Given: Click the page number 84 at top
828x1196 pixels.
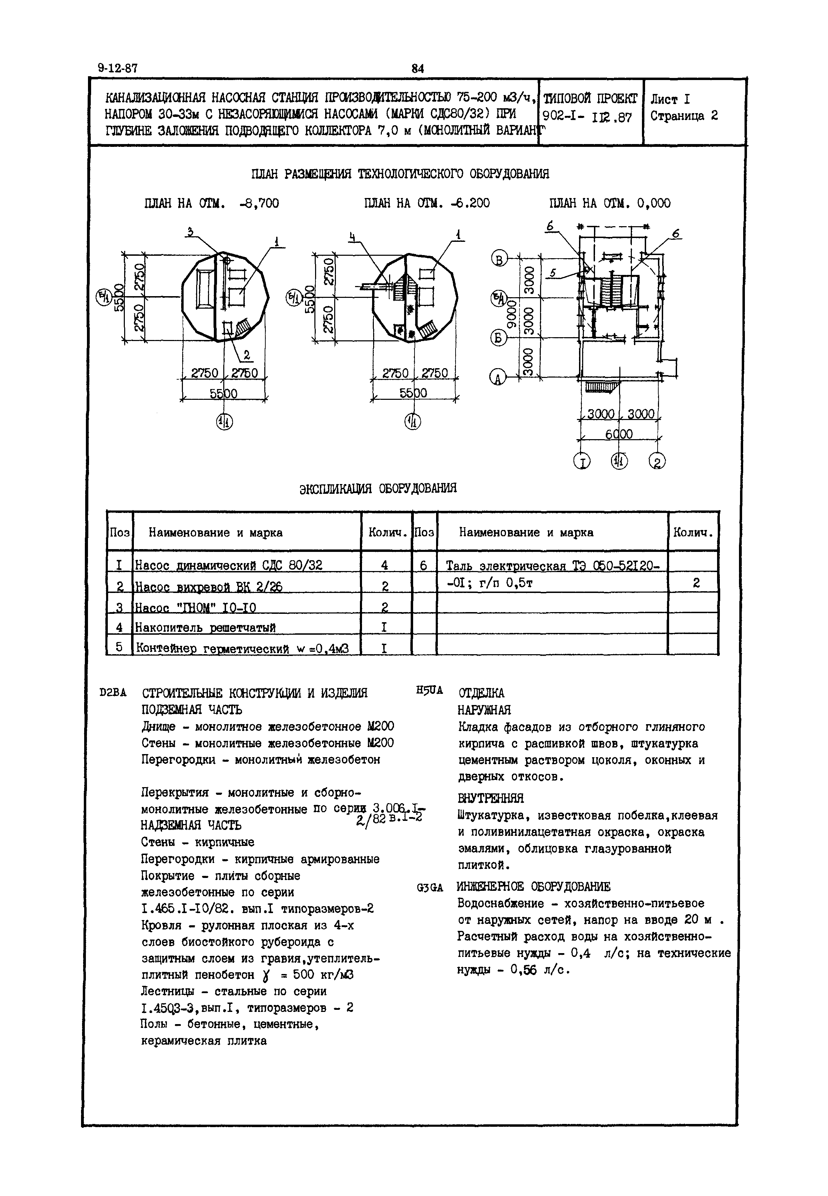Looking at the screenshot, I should tap(418, 68).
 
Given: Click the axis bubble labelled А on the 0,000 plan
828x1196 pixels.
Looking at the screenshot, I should tap(498, 378).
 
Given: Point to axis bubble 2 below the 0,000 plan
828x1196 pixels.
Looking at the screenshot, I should tap(657, 461).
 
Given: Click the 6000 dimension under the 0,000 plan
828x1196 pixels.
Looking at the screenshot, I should tap(619, 434).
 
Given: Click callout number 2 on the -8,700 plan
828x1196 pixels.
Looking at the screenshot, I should tap(247, 355).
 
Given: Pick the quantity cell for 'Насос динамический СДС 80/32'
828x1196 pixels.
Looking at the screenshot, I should tap(385, 565).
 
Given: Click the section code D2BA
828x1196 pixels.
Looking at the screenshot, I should tap(113, 693).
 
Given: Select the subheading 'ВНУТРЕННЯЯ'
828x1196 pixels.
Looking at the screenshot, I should tap(490, 798).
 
